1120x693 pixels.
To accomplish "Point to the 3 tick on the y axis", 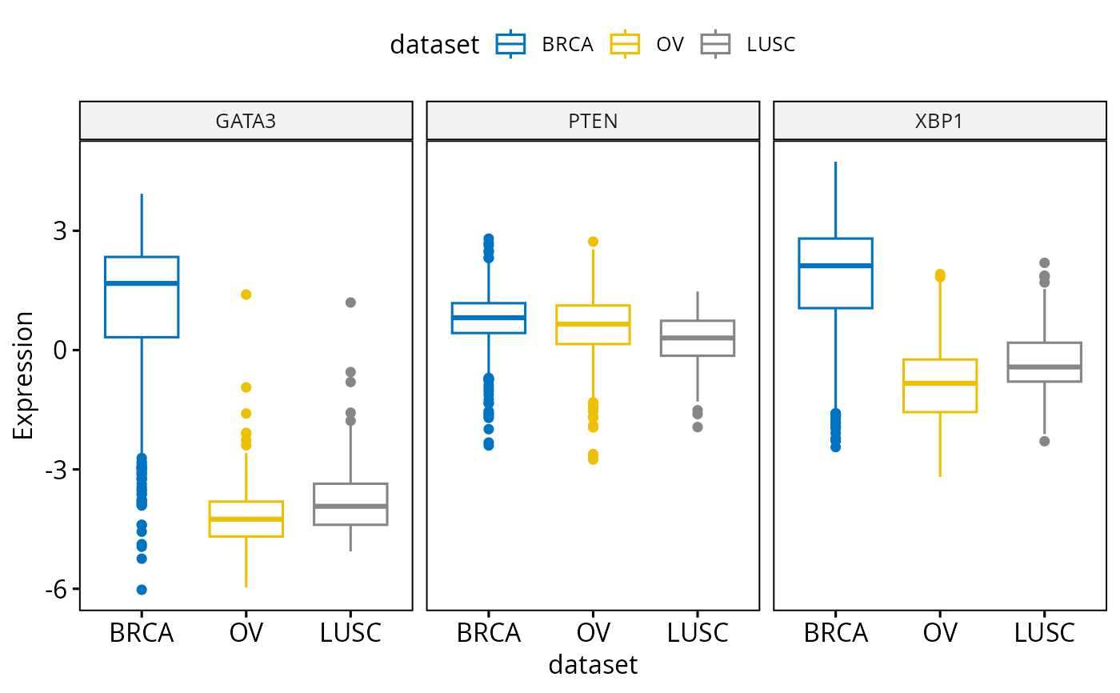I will tap(61, 231).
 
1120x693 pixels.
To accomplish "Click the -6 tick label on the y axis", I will tap(57, 589).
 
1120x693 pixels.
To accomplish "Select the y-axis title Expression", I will tap(24, 375).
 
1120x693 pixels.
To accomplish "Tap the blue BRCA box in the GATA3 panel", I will tap(142, 297).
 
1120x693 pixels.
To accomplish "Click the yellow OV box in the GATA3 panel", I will tap(246, 519).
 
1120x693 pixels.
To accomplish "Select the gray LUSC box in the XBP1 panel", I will tap(1045, 362).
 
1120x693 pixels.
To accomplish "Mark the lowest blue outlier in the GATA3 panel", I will tap(142, 590).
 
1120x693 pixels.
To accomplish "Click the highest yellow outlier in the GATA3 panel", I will tap(246, 294).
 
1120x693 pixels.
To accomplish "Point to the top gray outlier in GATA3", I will tap(350, 302).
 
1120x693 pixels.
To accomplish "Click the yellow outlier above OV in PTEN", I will tap(593, 242).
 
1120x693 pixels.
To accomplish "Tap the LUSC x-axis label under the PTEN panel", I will tap(698, 633).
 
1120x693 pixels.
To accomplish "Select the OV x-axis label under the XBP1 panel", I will tap(940, 633).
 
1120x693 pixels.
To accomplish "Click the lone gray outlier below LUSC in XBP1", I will tap(1045, 441).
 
